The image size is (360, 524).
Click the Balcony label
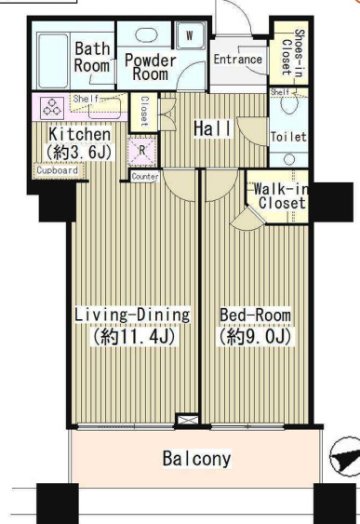[196, 458]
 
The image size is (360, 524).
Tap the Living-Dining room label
[132, 316]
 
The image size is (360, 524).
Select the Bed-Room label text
[255, 316]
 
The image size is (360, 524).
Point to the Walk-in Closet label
[281, 196]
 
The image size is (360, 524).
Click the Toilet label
[288, 137]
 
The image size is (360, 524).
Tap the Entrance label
[238, 60]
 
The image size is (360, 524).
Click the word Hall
[212, 128]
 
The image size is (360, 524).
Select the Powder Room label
[151, 68]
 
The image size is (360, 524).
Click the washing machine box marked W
[190, 35]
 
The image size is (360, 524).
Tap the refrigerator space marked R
[142, 151]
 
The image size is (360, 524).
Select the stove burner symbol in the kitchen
[52, 108]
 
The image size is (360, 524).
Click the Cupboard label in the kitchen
[57, 170]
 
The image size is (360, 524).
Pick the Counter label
[145, 177]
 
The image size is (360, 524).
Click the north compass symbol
[345, 456]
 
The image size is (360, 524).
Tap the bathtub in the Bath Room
[53, 60]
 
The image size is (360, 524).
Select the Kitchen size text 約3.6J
[79, 153]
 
